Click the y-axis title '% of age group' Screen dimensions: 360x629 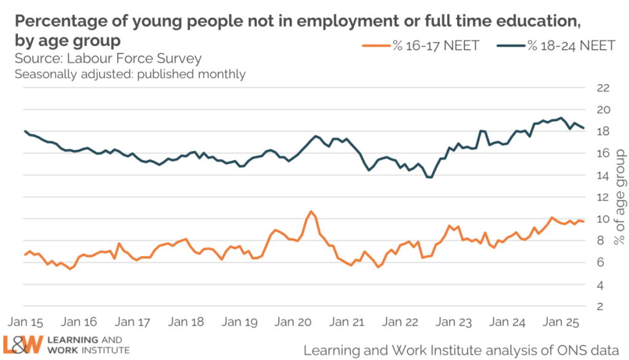pos(619,197)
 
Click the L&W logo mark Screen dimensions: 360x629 pos(24,345)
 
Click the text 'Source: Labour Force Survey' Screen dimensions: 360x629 pos(108,59)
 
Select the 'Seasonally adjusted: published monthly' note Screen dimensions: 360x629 pos(130,74)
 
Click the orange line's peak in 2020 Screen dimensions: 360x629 pos(311,211)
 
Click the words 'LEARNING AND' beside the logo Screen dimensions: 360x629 pos(86,340)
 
